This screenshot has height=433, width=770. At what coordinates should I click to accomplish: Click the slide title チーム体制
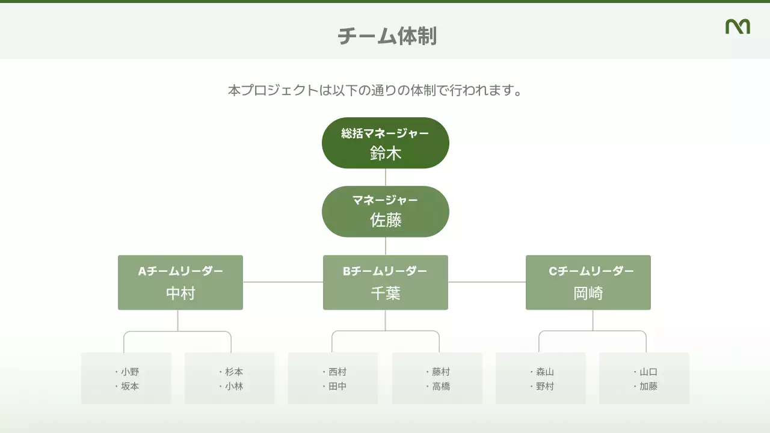click(387, 36)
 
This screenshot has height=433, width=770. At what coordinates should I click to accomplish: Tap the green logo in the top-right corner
click(738, 26)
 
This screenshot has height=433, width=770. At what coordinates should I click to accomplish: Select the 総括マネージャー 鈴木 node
click(386, 143)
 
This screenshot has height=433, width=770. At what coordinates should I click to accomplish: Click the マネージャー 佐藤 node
click(386, 212)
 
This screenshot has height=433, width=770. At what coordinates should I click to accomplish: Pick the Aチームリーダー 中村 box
click(180, 283)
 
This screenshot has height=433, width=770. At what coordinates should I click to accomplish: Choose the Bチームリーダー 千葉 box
click(386, 283)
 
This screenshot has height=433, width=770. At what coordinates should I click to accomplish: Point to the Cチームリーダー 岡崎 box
click(588, 283)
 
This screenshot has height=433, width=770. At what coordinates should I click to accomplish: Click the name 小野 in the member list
click(130, 372)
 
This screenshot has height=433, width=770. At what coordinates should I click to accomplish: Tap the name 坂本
click(130, 387)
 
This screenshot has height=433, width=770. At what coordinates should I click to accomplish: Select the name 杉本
click(234, 372)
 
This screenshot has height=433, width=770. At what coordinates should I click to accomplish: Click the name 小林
click(234, 387)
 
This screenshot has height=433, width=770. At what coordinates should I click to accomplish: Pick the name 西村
click(337, 372)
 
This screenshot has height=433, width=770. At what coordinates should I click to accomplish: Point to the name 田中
click(337, 387)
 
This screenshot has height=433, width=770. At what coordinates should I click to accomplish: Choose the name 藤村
click(441, 372)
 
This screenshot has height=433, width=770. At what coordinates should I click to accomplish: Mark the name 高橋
click(441, 387)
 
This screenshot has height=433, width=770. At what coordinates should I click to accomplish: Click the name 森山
click(545, 372)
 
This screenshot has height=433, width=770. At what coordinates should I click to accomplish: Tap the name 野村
click(545, 387)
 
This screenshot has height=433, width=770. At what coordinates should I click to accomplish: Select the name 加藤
click(648, 387)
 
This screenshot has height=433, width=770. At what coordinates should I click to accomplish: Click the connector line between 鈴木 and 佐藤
click(386, 177)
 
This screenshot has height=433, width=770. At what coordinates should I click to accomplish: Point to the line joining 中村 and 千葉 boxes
click(283, 282)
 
